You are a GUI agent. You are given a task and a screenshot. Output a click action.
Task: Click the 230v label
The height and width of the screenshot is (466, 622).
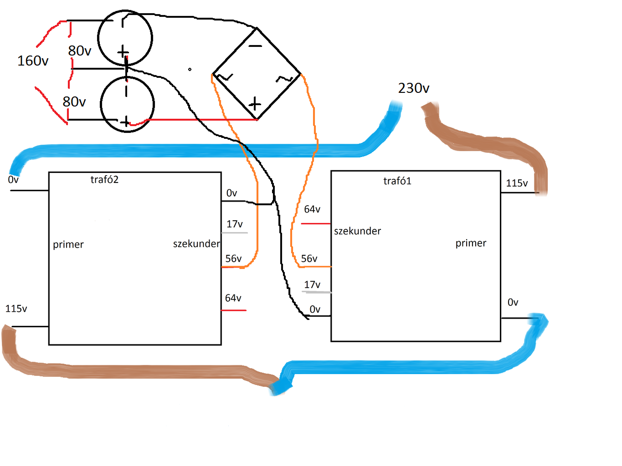click(x=413, y=88)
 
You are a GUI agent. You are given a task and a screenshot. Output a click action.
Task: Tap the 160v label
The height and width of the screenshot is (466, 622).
click(x=33, y=61)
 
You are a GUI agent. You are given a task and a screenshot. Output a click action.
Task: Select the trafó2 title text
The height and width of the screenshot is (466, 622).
click(x=104, y=180)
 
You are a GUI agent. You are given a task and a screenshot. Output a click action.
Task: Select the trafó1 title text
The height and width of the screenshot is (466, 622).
click(x=397, y=181)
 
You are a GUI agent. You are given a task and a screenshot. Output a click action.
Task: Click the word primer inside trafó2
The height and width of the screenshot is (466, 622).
click(x=68, y=245)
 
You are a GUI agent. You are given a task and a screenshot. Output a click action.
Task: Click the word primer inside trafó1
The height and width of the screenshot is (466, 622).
click(x=471, y=243)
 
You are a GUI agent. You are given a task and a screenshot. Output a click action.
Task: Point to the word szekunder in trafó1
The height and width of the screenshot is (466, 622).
click(x=357, y=231)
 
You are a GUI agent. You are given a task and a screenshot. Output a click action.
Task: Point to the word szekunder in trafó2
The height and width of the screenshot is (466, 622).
click(x=196, y=244)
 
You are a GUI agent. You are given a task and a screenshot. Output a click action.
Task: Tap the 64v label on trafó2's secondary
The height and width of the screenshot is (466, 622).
click(x=233, y=298)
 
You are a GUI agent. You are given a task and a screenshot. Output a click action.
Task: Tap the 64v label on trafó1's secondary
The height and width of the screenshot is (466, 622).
click(x=312, y=209)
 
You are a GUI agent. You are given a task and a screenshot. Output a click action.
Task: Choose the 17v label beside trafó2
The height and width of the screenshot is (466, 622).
click(x=235, y=224)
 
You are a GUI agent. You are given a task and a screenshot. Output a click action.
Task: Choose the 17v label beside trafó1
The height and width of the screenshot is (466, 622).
click(x=312, y=285)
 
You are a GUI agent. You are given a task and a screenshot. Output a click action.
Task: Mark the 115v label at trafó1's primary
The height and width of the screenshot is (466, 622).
click(x=517, y=183)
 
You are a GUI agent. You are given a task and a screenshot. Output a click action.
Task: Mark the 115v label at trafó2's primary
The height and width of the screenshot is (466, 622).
click(x=16, y=309)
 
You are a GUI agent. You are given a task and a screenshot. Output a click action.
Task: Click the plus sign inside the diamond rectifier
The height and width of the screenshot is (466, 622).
click(x=255, y=104)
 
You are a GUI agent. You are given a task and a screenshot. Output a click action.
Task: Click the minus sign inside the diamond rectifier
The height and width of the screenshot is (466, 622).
click(x=255, y=46)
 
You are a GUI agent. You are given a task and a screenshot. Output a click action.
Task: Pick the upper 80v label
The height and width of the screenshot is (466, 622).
click(x=80, y=51)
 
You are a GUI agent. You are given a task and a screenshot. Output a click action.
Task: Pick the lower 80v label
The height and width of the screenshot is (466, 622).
click(x=74, y=101)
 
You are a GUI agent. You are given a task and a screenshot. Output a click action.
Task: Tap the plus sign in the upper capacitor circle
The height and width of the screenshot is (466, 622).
click(x=123, y=52)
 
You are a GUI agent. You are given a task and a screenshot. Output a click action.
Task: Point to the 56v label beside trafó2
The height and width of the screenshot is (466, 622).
click(x=233, y=259)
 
